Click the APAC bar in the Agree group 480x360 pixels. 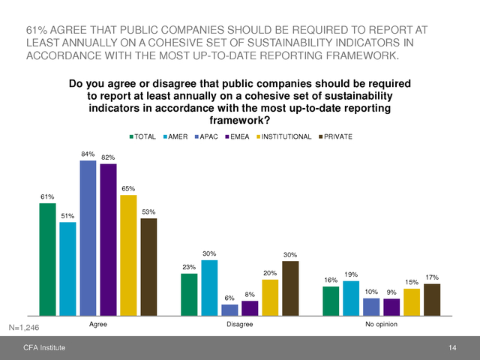click(x=88, y=238)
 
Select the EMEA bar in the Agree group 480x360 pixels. click(x=108, y=240)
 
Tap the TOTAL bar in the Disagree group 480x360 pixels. click(x=189, y=294)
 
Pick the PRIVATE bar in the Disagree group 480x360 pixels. click(x=290, y=288)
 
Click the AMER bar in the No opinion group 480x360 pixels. click(x=351, y=298)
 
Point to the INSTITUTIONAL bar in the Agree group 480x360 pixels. click(x=128, y=255)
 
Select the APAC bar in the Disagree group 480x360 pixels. click(x=229, y=309)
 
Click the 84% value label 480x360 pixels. click(x=88, y=154)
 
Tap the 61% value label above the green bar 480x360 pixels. click(x=47, y=197)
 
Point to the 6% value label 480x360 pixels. click(x=229, y=298)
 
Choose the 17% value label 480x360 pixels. click(x=432, y=278)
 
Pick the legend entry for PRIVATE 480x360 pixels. click(x=337, y=136)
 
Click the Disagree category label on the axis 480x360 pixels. click(x=239, y=324)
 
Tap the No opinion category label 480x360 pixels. click(x=381, y=324)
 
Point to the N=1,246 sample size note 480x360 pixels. click(x=23, y=328)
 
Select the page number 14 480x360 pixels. click(x=452, y=348)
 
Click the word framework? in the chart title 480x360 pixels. click(x=239, y=119)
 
